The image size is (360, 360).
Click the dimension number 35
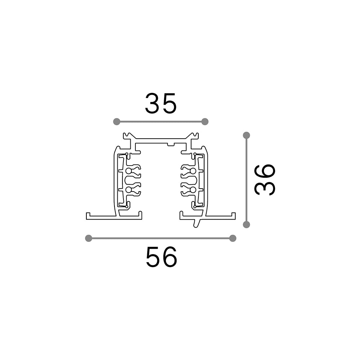161,103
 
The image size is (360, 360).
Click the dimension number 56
161,257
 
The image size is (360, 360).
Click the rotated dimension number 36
265,180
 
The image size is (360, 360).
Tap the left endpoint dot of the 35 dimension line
117,121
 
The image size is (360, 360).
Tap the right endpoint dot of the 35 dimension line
205,121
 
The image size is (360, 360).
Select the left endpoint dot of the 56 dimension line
89,238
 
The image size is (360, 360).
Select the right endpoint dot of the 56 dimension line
233,238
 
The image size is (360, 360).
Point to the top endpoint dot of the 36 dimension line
246,135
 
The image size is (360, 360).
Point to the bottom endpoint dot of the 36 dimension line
246,225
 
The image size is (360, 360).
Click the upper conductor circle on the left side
129,171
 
